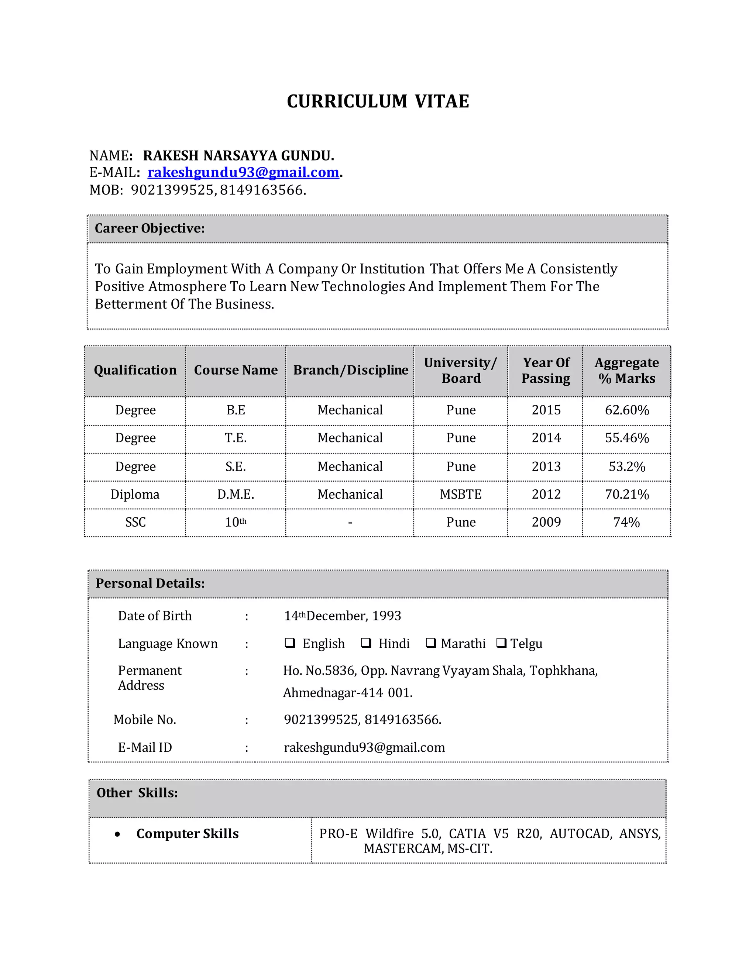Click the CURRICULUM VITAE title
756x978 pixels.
point(378,101)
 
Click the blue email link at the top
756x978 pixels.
point(243,172)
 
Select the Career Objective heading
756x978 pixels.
point(150,228)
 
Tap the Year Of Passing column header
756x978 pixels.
point(546,370)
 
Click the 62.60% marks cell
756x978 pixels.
point(626,410)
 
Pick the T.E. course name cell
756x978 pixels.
point(236,438)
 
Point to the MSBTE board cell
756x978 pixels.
point(460,495)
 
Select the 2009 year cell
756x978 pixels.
point(546,522)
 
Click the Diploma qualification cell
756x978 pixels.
point(135,495)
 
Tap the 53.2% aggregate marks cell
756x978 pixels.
point(626,466)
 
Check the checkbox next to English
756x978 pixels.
point(290,643)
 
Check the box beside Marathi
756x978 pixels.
point(430,643)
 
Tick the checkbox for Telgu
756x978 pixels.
point(501,643)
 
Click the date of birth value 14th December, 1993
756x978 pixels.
point(342,616)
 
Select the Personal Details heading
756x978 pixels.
point(150,583)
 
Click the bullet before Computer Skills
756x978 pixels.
point(117,834)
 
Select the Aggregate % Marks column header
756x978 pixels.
point(626,370)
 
